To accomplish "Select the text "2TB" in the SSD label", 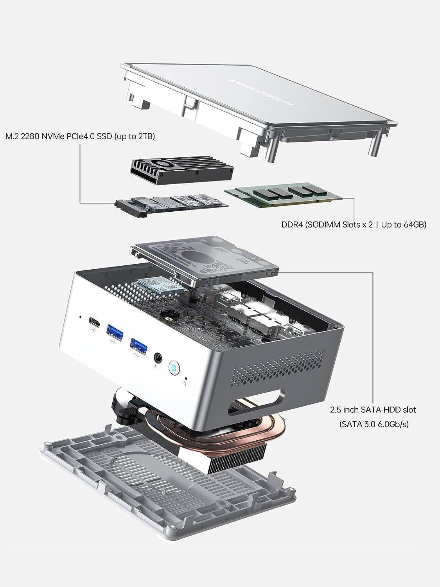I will (x=146, y=137).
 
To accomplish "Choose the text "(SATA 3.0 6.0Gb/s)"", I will (x=374, y=424).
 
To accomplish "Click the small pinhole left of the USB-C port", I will (x=81, y=317).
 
